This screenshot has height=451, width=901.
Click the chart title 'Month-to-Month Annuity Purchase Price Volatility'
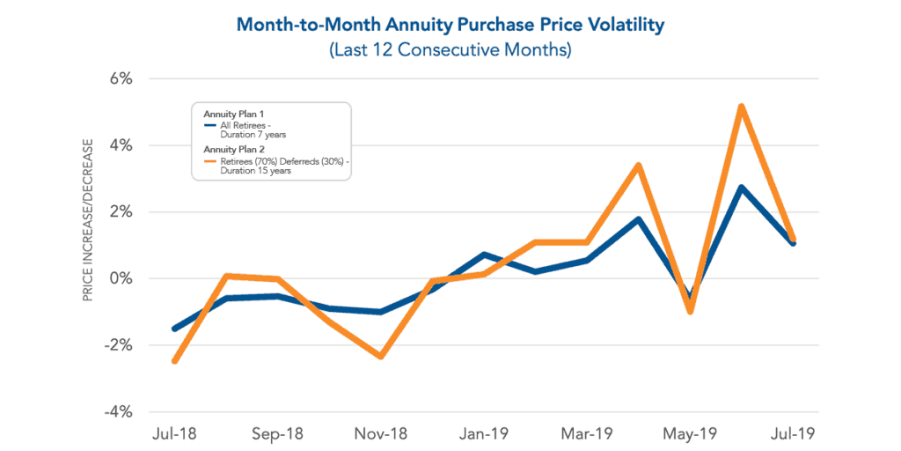point(450,25)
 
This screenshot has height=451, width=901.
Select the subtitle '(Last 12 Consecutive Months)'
point(450,50)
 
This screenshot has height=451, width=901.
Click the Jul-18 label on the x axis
point(174,433)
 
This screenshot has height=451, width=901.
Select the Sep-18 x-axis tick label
point(278,433)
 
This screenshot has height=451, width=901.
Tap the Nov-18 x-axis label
point(381,433)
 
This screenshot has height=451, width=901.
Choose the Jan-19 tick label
point(484,433)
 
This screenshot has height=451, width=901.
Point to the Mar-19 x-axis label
point(587,433)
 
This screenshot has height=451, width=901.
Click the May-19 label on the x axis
point(690,433)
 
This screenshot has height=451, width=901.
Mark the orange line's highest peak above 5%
point(742,107)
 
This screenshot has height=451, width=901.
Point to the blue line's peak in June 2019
point(742,188)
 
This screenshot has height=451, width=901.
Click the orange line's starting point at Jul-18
point(175,360)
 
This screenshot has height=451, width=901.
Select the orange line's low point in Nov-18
point(381,356)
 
